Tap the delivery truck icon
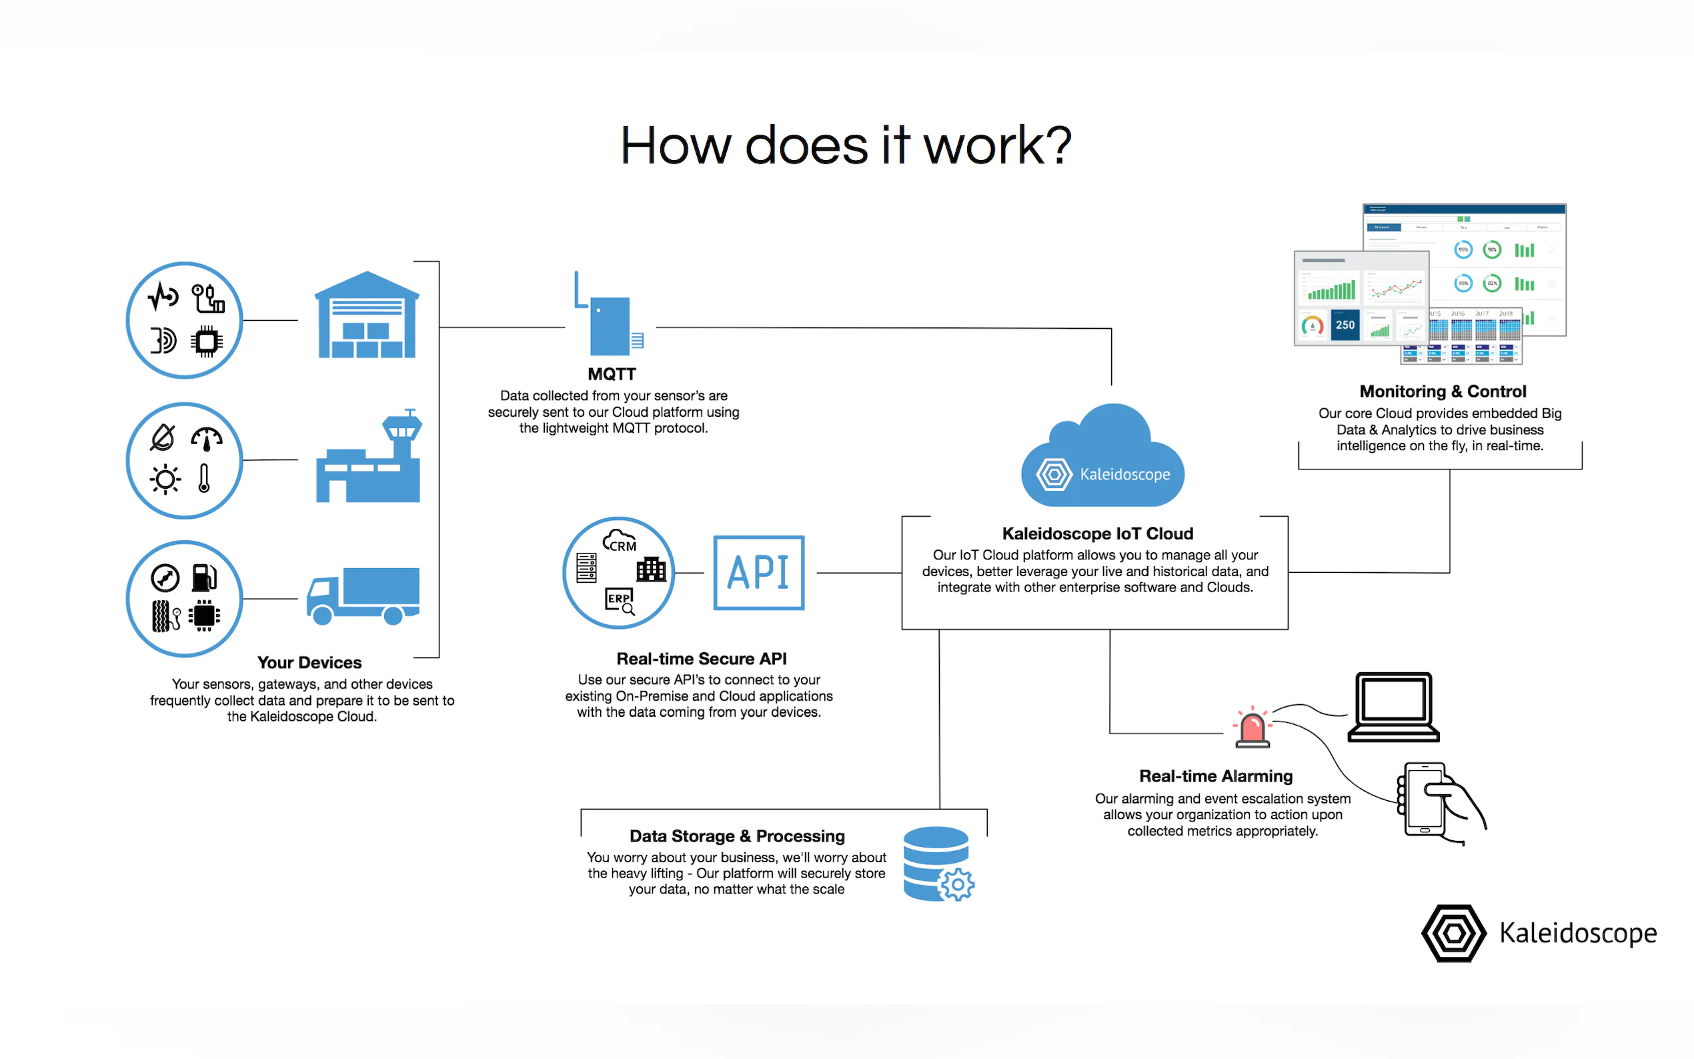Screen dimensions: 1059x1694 pyautogui.click(x=363, y=596)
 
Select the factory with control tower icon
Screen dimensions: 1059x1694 pyautogui.click(x=368, y=459)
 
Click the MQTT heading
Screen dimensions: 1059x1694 pyautogui.click(x=612, y=374)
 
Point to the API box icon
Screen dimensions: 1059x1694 pyautogui.click(x=758, y=573)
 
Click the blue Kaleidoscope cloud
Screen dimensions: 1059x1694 pyautogui.click(x=1102, y=459)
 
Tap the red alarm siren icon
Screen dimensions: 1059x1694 pyautogui.click(x=1252, y=728)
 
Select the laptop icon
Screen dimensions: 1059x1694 pyautogui.click(x=1394, y=707)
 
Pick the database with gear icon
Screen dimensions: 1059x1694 pyautogui.click(x=937, y=864)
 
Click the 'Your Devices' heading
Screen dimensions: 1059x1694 pyautogui.click(x=309, y=663)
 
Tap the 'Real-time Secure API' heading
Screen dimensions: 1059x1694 pyautogui.click(x=701, y=658)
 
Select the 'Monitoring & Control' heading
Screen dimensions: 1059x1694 pyautogui.click(x=1443, y=391)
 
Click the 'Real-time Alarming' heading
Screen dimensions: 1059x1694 pyautogui.click(x=1216, y=776)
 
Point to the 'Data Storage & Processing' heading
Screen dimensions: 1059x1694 pyautogui.click(x=737, y=836)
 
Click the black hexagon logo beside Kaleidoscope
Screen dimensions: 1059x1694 pyautogui.click(x=1453, y=933)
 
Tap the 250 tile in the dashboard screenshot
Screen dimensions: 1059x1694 pyautogui.click(x=1345, y=325)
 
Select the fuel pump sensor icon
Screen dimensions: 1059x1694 pyautogui.click(x=205, y=578)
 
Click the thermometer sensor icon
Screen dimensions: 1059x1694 pyautogui.click(x=204, y=479)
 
